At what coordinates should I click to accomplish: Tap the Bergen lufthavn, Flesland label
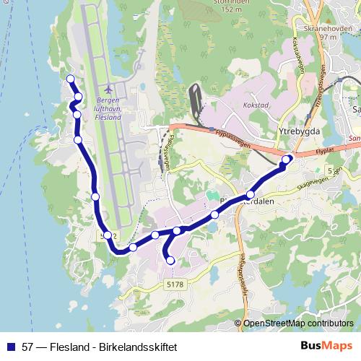click(109, 105)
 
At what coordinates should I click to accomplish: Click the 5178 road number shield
click(175, 284)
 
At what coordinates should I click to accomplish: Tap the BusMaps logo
click(326, 346)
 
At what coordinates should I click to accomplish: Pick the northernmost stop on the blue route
click(70, 79)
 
